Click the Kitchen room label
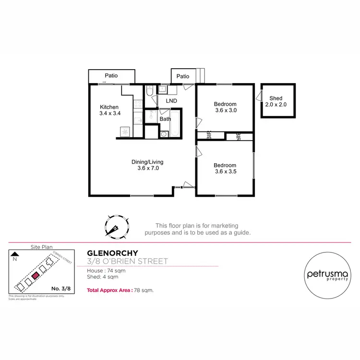[x=109, y=107]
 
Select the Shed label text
[x=276, y=98]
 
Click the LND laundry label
[x=171, y=101]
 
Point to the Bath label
[x=165, y=119]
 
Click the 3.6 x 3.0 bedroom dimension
[x=226, y=110]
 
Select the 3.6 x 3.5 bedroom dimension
[x=226, y=172]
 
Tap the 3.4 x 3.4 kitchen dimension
[x=109, y=114]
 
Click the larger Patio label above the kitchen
[x=111, y=76]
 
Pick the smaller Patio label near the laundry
[x=183, y=76]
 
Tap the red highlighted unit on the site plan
[x=35, y=276]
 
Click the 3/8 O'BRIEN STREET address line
[x=127, y=262]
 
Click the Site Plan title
[x=41, y=247]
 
